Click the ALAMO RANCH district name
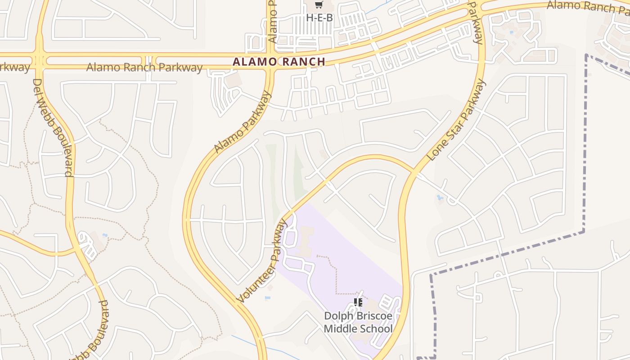279,62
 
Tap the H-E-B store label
319,18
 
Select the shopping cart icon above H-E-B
319,5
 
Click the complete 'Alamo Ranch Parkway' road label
144,67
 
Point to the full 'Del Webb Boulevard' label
53,128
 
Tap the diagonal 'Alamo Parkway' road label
243,121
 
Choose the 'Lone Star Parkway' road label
457,120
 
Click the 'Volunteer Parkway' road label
261,261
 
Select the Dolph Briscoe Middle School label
358,322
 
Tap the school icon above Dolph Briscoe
358,302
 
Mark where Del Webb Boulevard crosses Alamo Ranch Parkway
40,60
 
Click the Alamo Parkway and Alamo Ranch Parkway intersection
270,62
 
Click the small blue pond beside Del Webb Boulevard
105,235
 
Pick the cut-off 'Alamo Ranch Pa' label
588,6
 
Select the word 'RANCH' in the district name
301,62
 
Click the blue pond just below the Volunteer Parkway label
268,297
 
